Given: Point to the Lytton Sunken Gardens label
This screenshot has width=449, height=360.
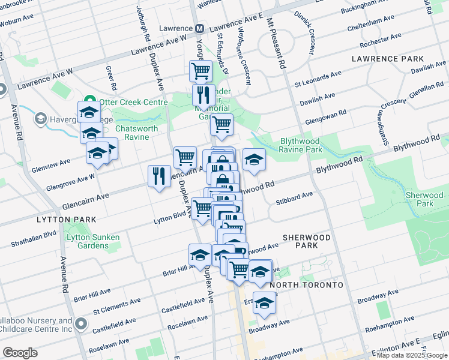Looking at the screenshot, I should [x=93, y=241].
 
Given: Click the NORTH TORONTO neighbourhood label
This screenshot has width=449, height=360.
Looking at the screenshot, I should [x=306, y=284].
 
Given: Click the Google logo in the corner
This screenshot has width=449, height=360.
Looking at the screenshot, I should [x=20, y=353].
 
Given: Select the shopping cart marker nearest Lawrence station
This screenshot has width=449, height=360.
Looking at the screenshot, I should [x=200, y=71].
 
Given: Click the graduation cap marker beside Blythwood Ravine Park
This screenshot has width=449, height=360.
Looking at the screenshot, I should [x=254, y=159].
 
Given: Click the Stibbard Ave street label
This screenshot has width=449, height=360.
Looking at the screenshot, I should [x=295, y=195].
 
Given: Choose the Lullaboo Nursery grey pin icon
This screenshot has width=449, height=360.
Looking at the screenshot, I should [x=81, y=326].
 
